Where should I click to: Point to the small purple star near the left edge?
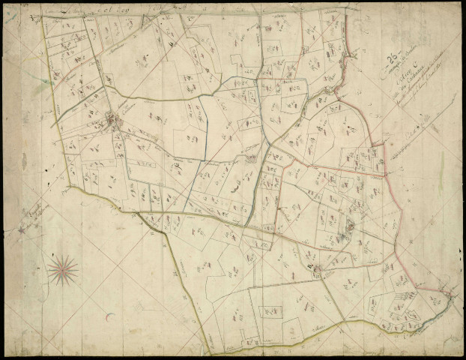(x=22, y=229)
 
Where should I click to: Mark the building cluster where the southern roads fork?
(x=315, y=268)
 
